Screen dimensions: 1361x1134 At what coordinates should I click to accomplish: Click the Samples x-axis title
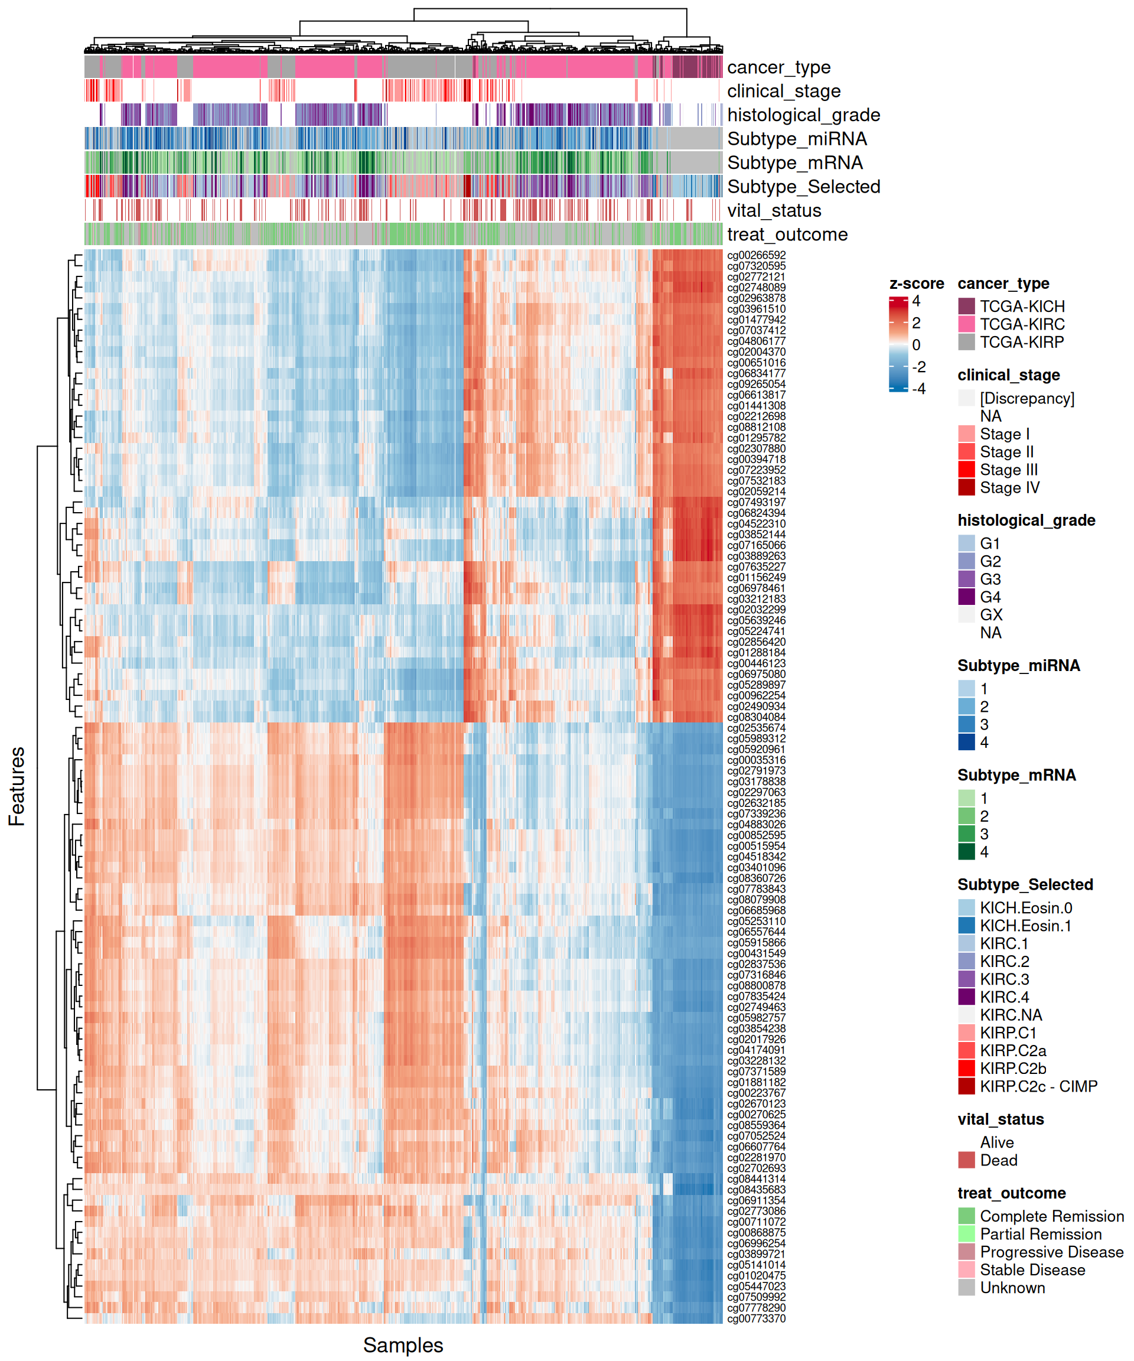(x=402, y=1345)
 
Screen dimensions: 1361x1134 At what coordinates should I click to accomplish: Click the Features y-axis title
(x=17, y=786)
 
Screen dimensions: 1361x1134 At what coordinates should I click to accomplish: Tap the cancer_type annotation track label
(x=778, y=67)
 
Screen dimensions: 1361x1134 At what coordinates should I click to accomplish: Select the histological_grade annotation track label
(x=803, y=115)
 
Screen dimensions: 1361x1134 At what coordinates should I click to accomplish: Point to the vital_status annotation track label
(x=774, y=211)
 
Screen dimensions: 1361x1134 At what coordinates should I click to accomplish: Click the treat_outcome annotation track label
(x=787, y=235)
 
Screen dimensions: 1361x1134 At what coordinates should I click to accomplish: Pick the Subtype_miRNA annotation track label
(x=796, y=139)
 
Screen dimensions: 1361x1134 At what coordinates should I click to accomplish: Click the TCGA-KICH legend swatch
(x=966, y=306)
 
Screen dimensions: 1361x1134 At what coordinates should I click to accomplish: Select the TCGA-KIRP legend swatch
(x=966, y=341)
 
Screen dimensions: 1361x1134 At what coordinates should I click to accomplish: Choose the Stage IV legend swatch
(x=966, y=487)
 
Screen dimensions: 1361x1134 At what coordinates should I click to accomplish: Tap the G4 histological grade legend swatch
(x=966, y=597)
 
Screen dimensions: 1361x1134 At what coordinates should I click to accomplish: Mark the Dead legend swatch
(x=966, y=1160)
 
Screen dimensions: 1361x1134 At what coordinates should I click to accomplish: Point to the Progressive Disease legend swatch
(x=966, y=1252)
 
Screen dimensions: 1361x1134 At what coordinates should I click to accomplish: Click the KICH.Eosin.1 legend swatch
(x=966, y=926)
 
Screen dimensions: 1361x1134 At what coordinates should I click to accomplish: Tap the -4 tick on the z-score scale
(x=919, y=389)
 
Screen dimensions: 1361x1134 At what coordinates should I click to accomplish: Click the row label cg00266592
(x=755, y=255)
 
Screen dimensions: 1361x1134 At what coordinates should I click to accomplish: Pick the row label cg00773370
(x=755, y=1318)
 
